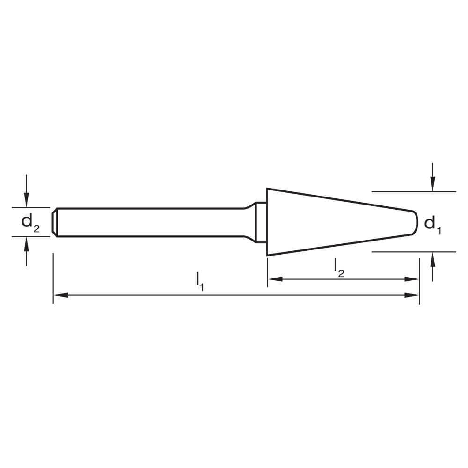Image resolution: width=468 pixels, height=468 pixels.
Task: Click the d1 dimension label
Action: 432,224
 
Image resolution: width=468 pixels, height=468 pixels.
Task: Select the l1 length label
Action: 199,281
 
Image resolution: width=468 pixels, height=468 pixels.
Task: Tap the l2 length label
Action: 339,267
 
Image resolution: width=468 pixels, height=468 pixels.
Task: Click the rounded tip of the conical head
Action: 416,222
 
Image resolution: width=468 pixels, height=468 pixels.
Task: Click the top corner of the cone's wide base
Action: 267,189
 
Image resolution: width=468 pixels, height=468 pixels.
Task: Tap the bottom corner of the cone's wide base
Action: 267,255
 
